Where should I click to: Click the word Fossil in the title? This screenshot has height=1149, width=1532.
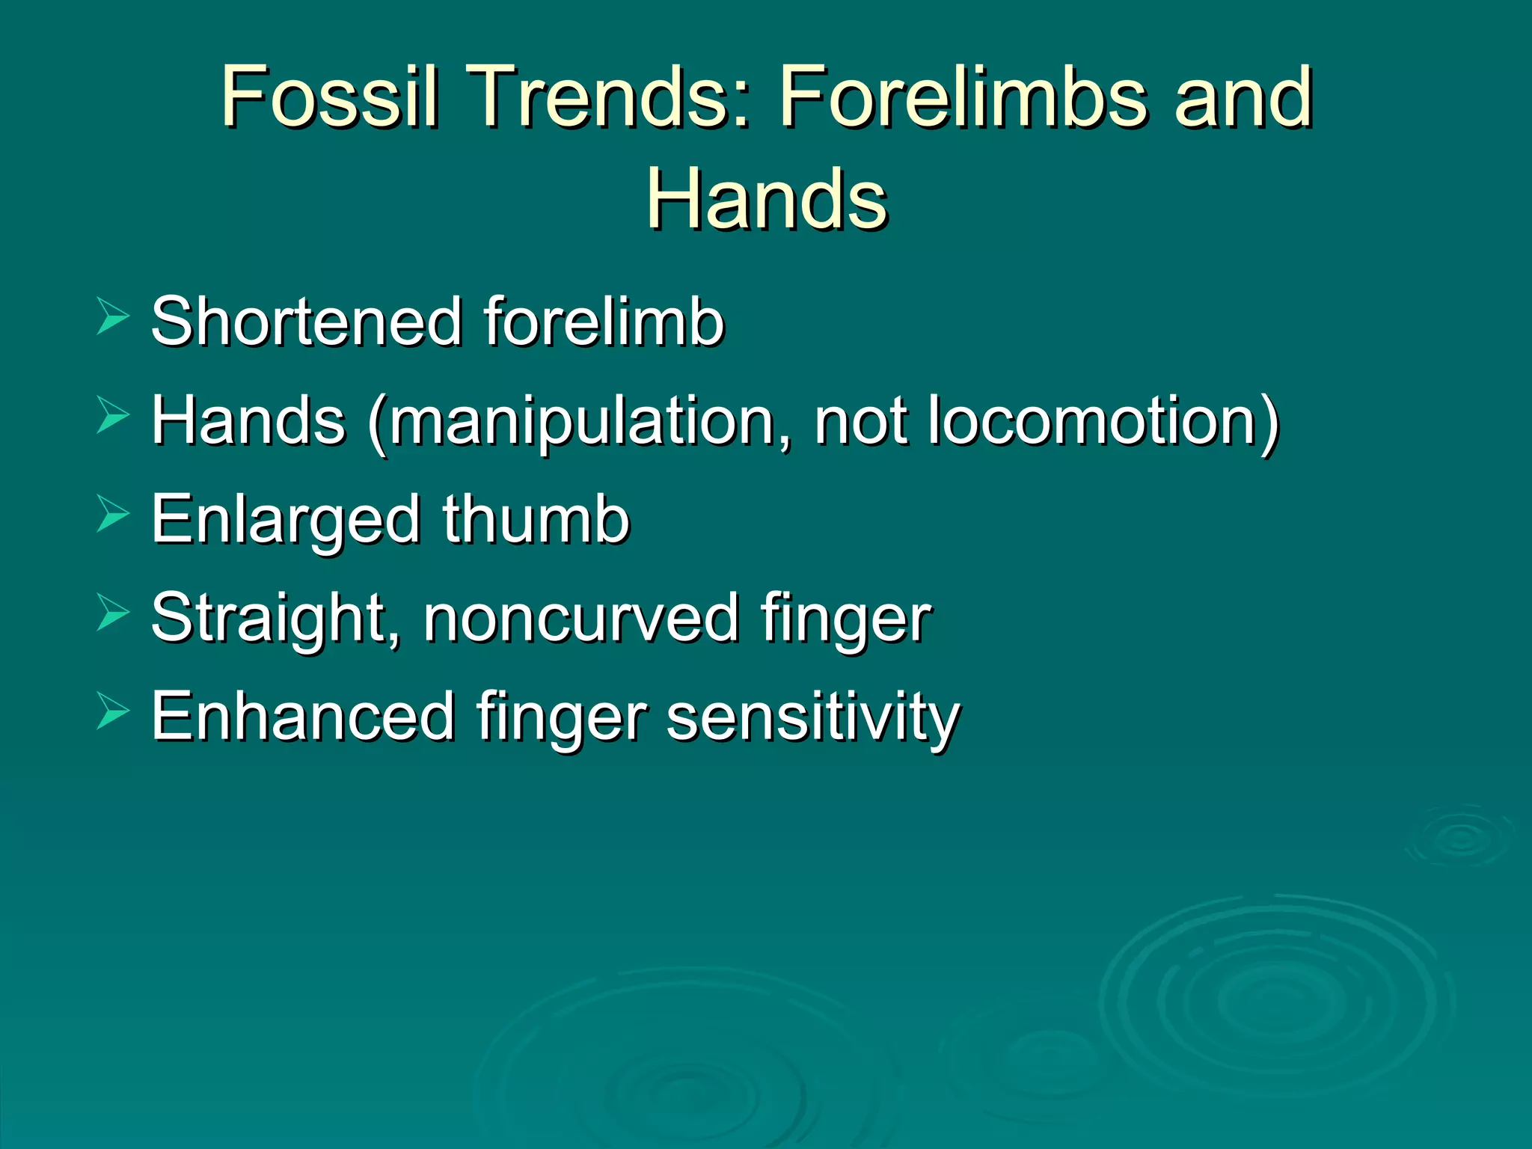(x=328, y=96)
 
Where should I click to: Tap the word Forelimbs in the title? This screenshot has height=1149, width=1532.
(x=962, y=96)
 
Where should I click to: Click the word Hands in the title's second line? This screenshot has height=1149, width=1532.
(x=766, y=199)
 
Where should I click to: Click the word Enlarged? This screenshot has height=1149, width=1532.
(x=285, y=521)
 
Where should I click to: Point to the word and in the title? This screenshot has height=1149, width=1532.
(x=1243, y=96)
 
